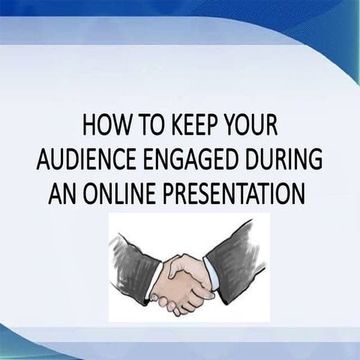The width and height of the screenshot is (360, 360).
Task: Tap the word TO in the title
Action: [x=145, y=124]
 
